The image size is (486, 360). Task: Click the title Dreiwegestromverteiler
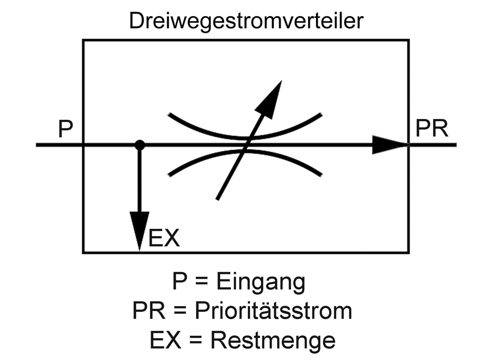[246, 21]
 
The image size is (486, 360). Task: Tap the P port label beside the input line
[66, 129]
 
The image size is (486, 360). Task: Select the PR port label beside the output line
[432, 128]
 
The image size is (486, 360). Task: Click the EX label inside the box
[164, 238]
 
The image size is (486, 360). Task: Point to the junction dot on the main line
[140, 145]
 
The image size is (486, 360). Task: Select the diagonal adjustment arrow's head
[269, 99]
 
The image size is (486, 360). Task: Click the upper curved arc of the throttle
[245, 137]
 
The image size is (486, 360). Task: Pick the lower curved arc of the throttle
[245, 151]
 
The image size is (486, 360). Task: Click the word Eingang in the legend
[260, 282]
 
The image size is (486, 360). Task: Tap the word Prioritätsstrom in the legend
[273, 310]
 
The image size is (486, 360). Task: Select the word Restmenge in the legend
[273, 340]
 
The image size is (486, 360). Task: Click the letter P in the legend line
[179, 281]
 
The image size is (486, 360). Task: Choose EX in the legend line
[165, 340]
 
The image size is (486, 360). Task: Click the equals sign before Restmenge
[195, 341]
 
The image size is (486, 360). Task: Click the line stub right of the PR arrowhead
[433, 145]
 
